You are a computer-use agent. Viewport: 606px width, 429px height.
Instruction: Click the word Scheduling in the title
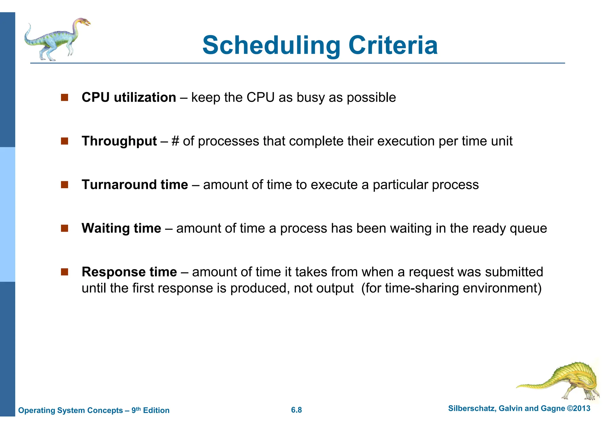tap(271, 46)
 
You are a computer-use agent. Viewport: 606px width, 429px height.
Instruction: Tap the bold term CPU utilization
tap(129, 97)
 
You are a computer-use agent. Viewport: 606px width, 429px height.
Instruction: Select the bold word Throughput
tap(119, 141)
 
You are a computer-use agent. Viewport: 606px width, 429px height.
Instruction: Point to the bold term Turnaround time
tap(135, 185)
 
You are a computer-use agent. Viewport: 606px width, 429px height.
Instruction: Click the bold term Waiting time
tap(121, 228)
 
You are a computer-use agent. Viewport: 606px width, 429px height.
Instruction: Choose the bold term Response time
tap(129, 272)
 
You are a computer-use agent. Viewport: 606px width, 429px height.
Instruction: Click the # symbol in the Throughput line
tap(175, 141)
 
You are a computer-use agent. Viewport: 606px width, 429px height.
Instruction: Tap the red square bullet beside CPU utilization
tap(65, 97)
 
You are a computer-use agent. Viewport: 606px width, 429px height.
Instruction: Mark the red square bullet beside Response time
tap(65, 272)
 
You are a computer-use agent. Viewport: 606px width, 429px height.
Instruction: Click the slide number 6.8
tap(296, 410)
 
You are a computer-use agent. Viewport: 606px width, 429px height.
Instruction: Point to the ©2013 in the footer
tap(578, 408)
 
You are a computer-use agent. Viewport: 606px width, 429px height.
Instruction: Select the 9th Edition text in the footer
tap(150, 410)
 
